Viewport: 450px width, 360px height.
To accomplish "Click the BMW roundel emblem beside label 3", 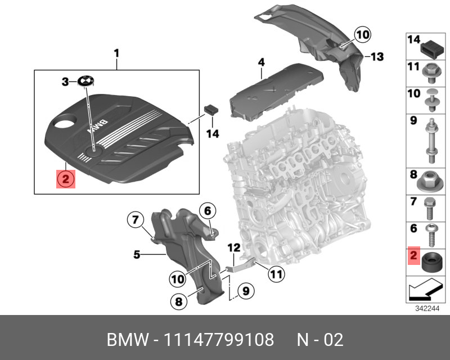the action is pyautogui.click(x=85, y=81).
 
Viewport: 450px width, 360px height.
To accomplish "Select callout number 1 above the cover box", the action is pyautogui.click(x=116, y=53).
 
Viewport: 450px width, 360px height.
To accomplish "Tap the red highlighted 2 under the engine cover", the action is pyautogui.click(x=65, y=180).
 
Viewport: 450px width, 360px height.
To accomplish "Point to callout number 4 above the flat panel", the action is pyautogui.click(x=262, y=62).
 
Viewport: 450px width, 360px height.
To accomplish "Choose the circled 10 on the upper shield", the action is pyautogui.click(x=363, y=35).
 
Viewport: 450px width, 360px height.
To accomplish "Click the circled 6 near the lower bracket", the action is pyautogui.click(x=207, y=211).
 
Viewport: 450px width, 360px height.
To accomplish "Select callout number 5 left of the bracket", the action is pyautogui.click(x=137, y=255).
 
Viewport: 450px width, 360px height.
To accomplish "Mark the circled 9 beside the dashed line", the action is pyautogui.click(x=243, y=291).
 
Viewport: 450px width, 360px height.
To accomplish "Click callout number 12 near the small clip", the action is pyautogui.click(x=233, y=247).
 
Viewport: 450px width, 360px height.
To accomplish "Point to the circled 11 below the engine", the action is pyautogui.click(x=274, y=274).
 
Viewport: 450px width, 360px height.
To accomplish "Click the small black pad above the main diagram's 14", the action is pyautogui.click(x=211, y=108).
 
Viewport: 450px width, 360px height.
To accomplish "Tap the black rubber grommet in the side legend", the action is pyautogui.click(x=430, y=263).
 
